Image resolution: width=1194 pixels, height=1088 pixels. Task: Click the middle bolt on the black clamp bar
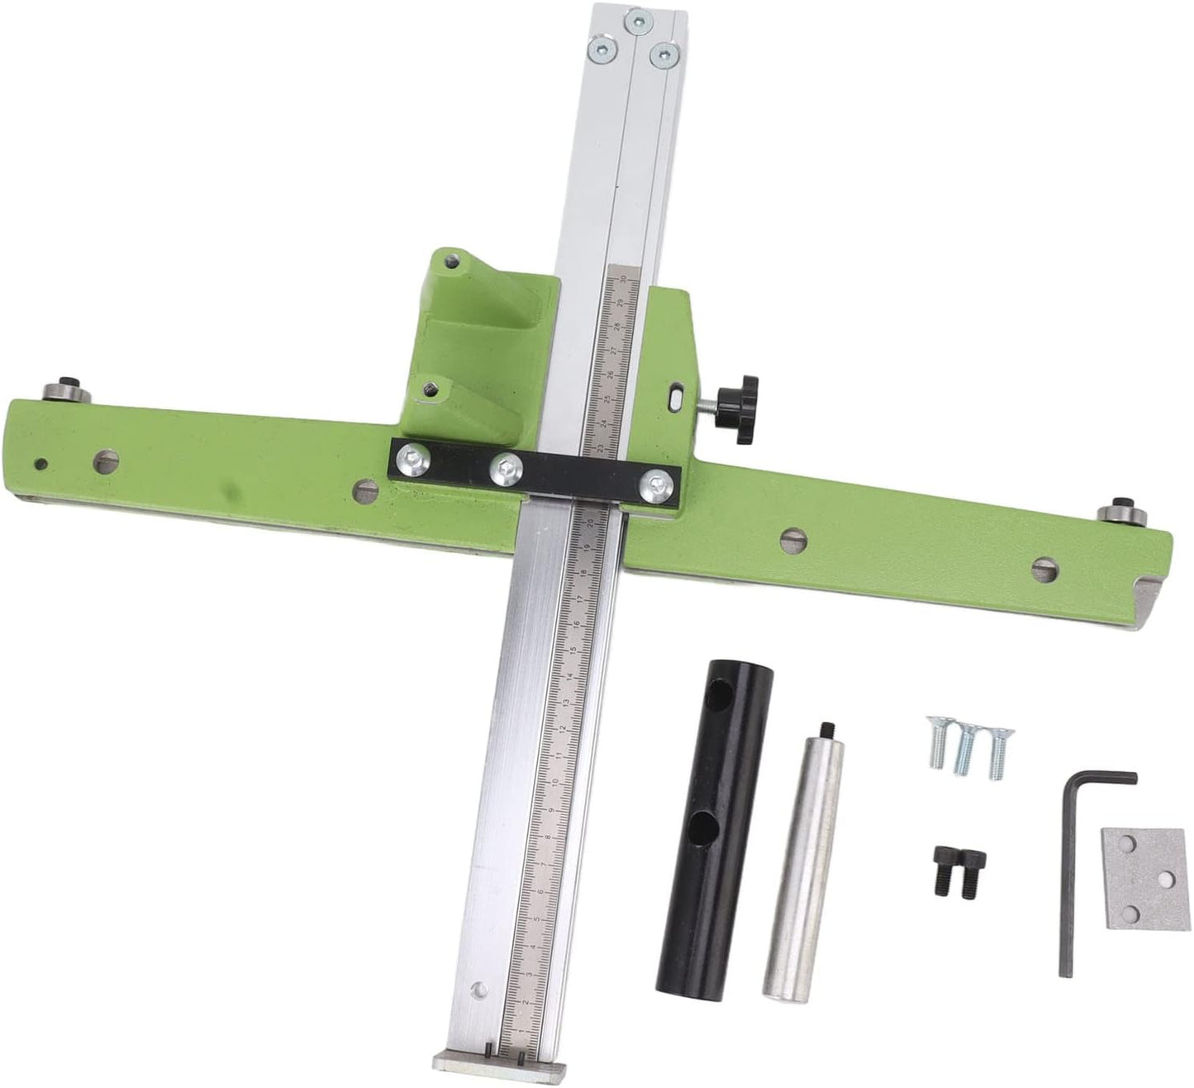(x=504, y=469)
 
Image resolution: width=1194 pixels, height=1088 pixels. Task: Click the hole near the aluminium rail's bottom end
(x=474, y=989)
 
